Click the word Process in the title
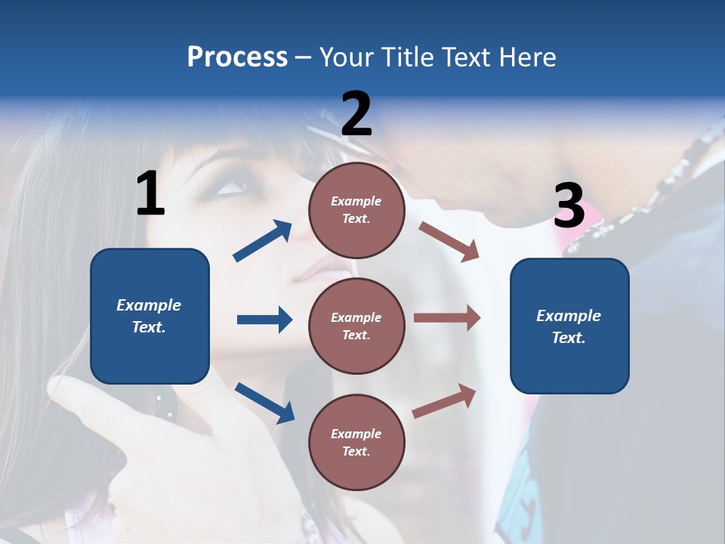coord(237,57)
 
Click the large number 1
coord(150,193)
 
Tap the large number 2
coord(356,113)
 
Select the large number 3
coord(569,206)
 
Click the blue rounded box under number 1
coord(150,316)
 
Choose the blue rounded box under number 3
coord(569,326)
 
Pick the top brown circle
coord(356,210)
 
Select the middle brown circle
coord(356,326)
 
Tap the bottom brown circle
coord(356,442)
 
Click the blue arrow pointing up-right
coord(263,241)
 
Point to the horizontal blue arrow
coord(264,320)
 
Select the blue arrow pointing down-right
coord(264,403)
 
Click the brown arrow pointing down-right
coord(449,242)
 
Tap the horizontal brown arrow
coord(447,318)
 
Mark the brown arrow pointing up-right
coord(445,400)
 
